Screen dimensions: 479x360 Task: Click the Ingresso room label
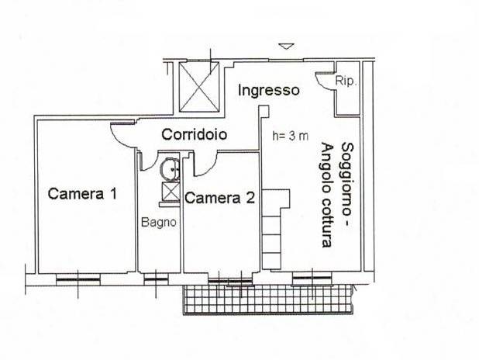tap(268, 91)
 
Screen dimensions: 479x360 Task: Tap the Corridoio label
tap(195, 134)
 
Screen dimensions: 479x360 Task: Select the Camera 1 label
tap(82, 194)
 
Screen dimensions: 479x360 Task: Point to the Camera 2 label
tap(219, 198)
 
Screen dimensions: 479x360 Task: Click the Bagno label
tap(159, 223)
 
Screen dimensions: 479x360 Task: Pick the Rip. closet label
tap(346, 81)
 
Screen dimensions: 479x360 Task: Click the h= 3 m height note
tap(291, 136)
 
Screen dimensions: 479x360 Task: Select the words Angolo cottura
tap(327, 196)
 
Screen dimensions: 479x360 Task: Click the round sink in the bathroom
tap(170, 169)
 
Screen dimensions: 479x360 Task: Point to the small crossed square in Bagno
tap(171, 192)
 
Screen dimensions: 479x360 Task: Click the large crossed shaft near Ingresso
tap(199, 87)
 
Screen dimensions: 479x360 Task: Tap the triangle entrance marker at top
tap(287, 47)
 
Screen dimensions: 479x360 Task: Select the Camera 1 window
tap(78, 279)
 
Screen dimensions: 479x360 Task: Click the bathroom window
tap(156, 279)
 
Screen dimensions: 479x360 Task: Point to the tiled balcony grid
tap(269, 299)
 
